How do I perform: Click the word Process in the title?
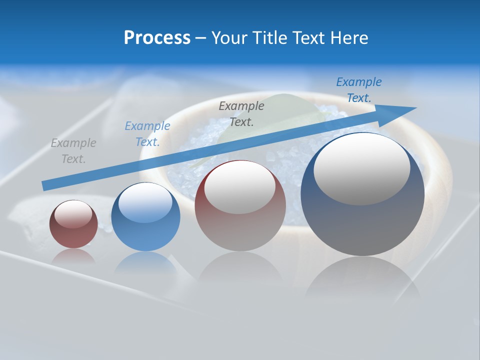[157, 38]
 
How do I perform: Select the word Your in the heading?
[227, 38]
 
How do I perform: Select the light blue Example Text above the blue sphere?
[147, 134]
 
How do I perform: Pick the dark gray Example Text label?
[241, 113]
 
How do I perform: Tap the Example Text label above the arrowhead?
[358, 90]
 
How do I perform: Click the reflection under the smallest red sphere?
[73, 255]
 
